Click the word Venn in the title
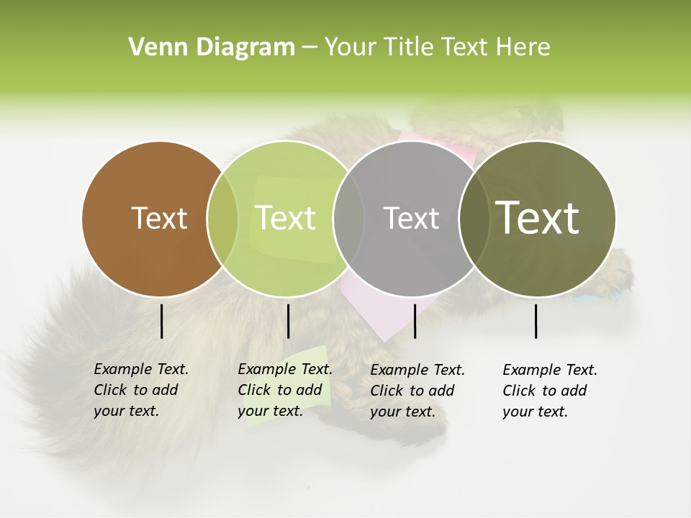pos(155,47)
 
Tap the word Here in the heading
pos(523,47)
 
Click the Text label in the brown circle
pos(159,218)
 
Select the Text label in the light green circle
pos(285,218)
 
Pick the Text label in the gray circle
pos(411,218)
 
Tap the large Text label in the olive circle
pos(538,217)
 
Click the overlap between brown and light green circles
pos(222,219)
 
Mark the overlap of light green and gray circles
pos(348,219)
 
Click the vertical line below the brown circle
pos(161,321)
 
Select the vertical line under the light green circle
pos(288,321)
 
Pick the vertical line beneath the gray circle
pos(415,321)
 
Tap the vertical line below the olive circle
pos(536,321)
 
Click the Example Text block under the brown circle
pos(140,390)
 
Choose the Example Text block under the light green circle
pos(284,390)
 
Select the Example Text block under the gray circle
pos(417,391)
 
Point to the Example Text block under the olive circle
pos(549,391)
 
